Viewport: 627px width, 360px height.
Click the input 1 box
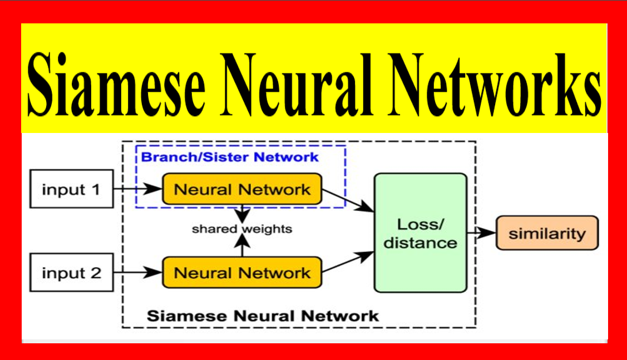click(x=71, y=190)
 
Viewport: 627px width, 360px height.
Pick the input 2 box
click(x=71, y=273)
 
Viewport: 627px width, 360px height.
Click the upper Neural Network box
click(x=242, y=189)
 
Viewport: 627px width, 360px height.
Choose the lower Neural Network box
click(x=242, y=273)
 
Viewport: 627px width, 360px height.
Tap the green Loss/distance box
click(x=420, y=233)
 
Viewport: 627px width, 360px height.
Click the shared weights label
click(x=242, y=229)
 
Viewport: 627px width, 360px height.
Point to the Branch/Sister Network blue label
click(x=230, y=157)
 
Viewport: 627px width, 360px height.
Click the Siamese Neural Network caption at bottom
click(x=263, y=316)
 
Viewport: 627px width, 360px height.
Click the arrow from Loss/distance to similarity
click(x=481, y=233)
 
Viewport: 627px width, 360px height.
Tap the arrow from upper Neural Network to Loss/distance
click(x=348, y=200)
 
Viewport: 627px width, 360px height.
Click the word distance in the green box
click(x=420, y=243)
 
